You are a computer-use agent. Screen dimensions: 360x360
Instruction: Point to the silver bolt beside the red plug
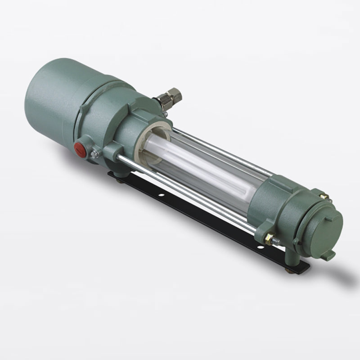point(94,154)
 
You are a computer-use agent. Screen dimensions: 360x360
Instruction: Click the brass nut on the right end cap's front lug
point(269,239)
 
